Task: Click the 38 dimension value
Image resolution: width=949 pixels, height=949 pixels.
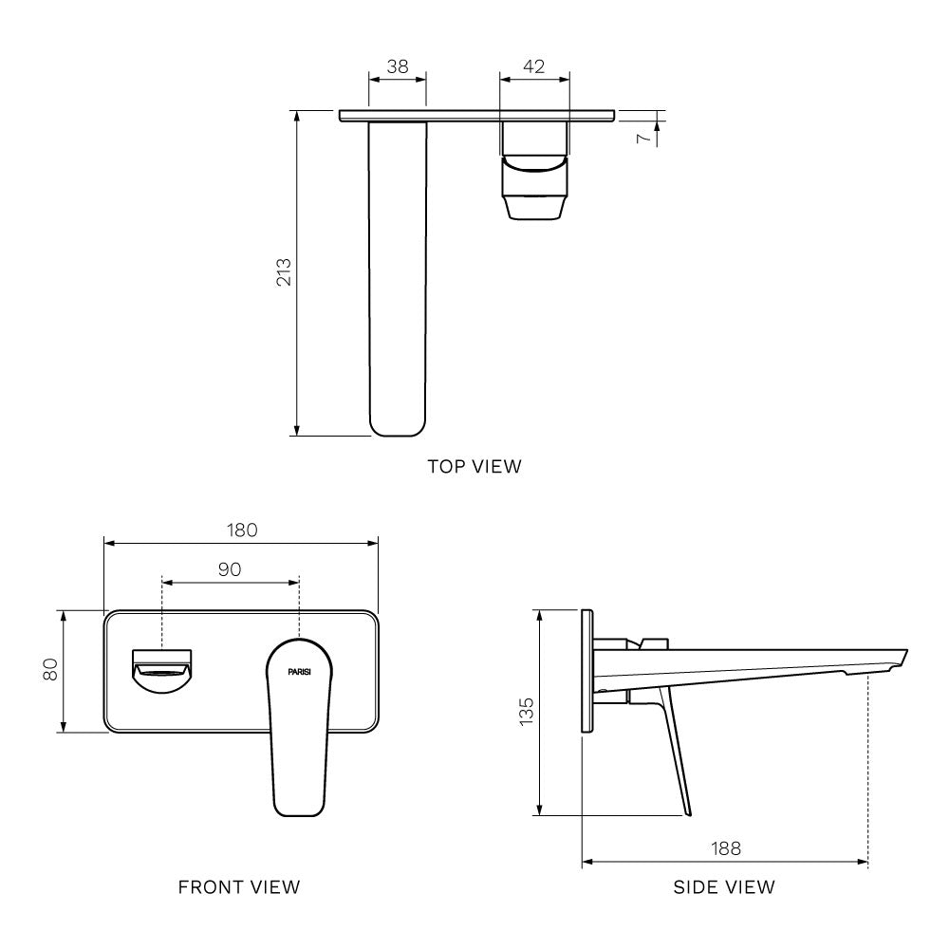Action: [397, 66]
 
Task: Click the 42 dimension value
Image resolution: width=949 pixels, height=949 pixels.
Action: [534, 66]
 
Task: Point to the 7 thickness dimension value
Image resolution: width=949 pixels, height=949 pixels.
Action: [643, 139]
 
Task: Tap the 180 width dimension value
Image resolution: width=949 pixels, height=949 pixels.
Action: [242, 530]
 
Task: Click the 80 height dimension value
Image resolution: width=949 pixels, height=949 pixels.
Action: [51, 670]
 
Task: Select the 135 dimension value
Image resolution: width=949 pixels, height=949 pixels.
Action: [527, 712]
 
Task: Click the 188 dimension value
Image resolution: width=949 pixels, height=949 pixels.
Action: [725, 847]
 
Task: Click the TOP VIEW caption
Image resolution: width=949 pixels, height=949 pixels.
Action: [474, 466]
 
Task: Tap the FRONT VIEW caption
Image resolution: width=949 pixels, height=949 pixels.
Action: [239, 887]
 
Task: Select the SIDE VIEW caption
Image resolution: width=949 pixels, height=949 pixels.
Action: [724, 887]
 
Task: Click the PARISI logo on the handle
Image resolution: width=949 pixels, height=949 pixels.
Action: [300, 671]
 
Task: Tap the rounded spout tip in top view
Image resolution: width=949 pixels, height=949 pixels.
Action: [397, 418]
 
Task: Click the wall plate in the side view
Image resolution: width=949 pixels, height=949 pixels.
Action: [587, 671]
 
